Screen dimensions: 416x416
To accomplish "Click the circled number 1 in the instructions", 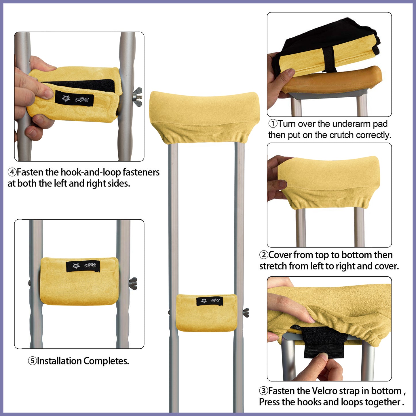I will (273, 124).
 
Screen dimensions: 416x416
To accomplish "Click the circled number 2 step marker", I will (263, 255).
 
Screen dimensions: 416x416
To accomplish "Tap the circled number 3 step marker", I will (263, 391).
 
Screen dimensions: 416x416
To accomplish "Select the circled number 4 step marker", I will (12, 172).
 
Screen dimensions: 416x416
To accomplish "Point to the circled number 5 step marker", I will (32, 361).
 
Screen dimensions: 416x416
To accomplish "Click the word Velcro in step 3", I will (324, 391).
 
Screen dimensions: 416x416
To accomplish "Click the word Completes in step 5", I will (106, 361).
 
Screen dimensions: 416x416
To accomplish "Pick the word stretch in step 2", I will (273, 266).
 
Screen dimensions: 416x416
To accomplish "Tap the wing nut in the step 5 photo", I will (133, 283).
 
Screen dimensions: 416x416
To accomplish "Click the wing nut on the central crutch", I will (246, 312).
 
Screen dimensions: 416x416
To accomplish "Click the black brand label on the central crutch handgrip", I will (210, 301).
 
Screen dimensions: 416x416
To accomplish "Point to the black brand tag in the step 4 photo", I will (74, 99).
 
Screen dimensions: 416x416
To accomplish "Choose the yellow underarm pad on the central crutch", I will (204, 117).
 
